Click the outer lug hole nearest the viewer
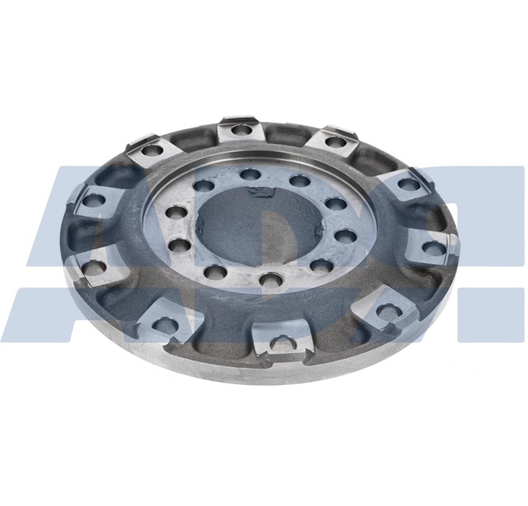click(x=281, y=344)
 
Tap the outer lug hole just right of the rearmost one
click(x=335, y=142)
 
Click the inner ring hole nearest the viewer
click(x=267, y=280)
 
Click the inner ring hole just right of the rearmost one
click(x=299, y=180)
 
